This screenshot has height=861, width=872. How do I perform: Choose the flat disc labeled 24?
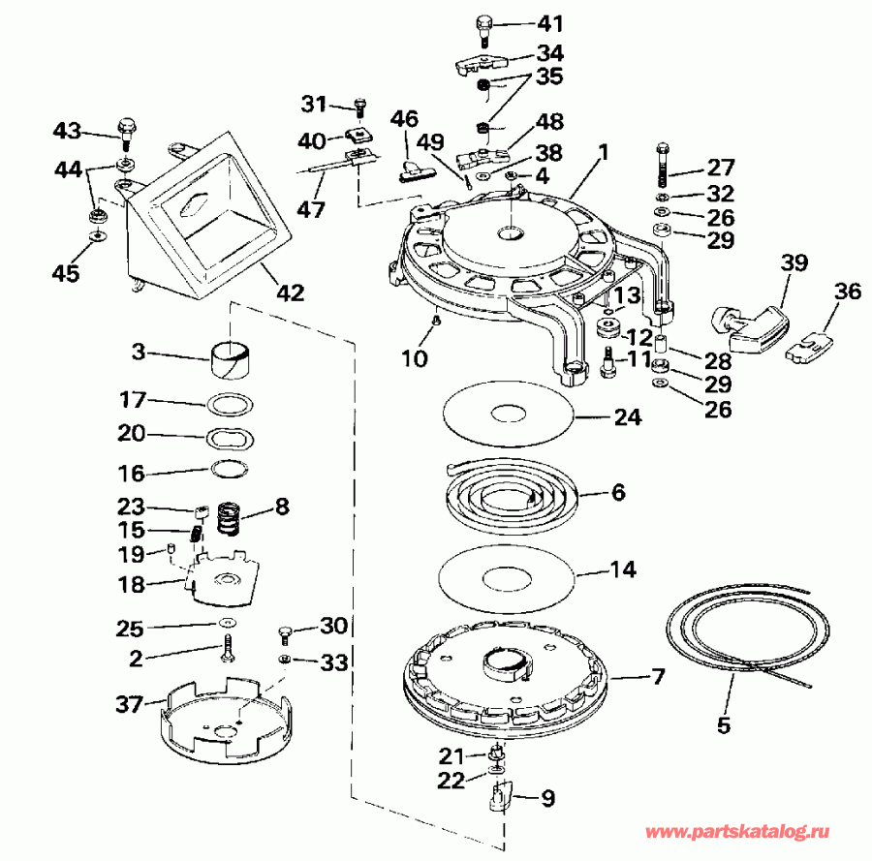tap(506, 414)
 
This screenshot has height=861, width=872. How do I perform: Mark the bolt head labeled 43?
tap(124, 126)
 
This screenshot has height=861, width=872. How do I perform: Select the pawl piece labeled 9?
tap(501, 797)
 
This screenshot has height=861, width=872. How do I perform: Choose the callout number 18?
tap(131, 584)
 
